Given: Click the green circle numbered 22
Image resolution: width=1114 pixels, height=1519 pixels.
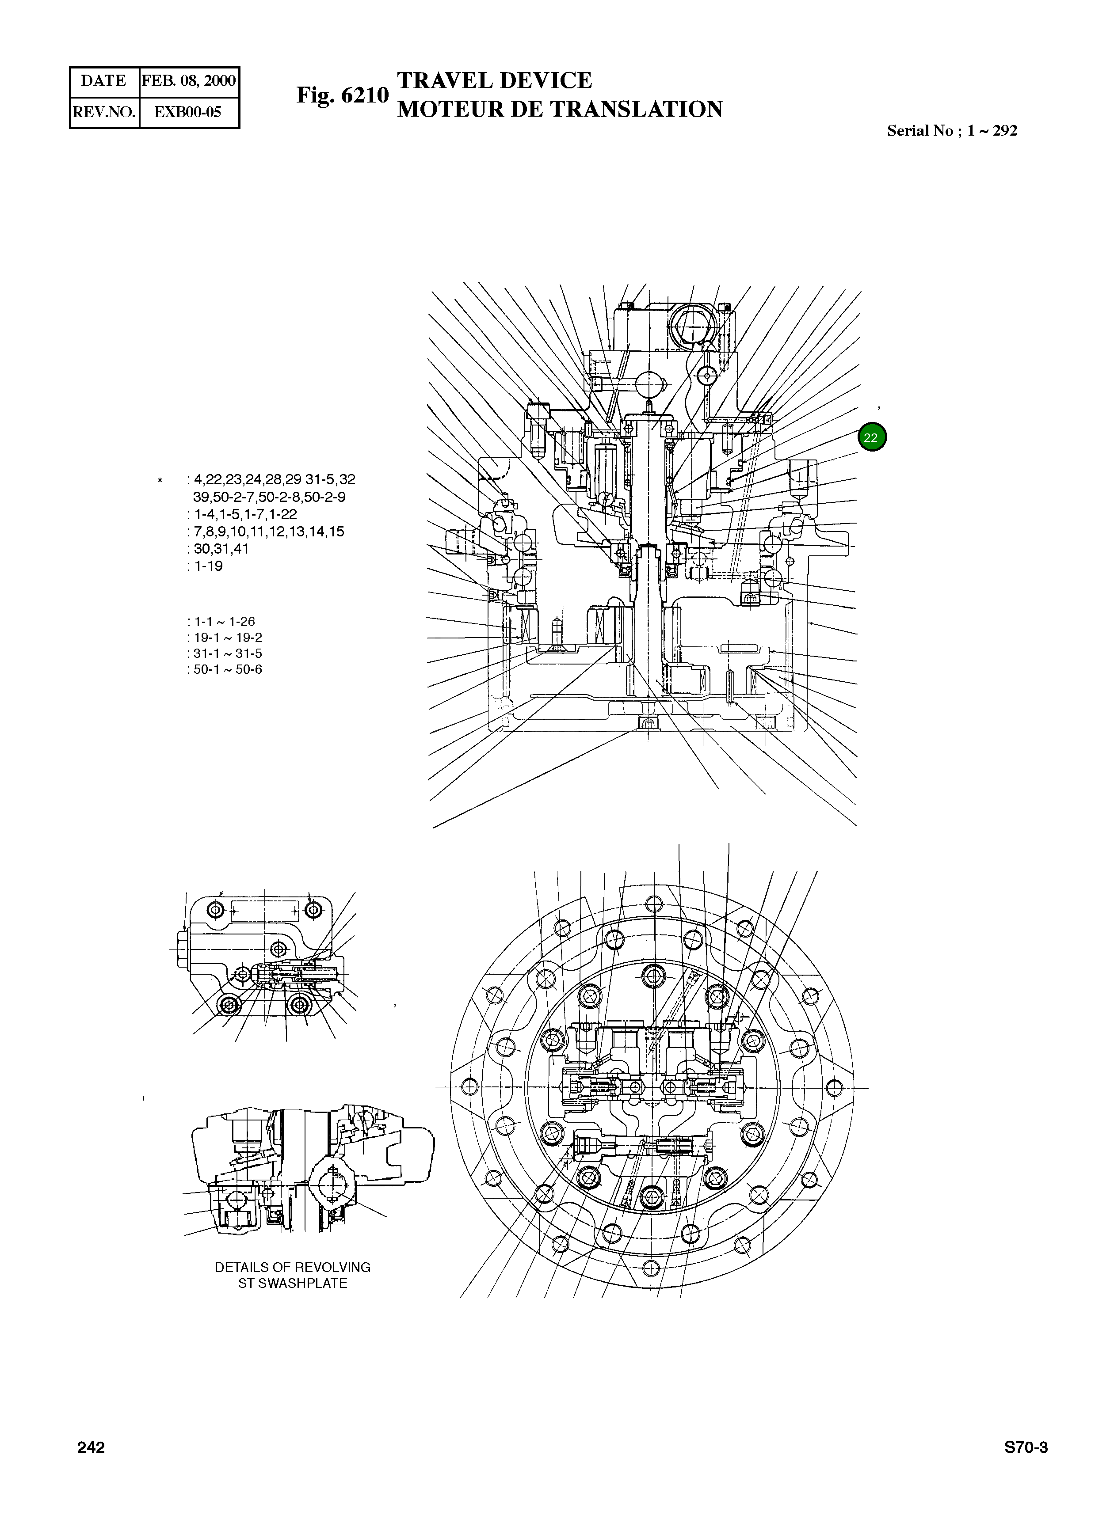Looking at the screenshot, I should point(871,437).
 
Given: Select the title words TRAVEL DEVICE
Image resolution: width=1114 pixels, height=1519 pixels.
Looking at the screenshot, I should point(494,80).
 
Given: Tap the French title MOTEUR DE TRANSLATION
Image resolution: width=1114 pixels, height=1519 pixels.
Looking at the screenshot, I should point(560,109).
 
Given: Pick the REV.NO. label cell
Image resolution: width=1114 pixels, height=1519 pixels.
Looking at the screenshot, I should point(104,112).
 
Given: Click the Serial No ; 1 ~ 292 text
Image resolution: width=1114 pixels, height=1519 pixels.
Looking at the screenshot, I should point(951,131).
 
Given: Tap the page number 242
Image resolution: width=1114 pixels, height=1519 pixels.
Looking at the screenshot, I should point(91,1447).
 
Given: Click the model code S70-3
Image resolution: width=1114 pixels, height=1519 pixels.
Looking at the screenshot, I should point(1026,1447).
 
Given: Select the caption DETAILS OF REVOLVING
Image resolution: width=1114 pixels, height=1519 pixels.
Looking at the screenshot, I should point(293,1267).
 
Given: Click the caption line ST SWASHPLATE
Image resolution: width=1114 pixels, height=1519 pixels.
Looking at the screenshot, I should point(293,1283).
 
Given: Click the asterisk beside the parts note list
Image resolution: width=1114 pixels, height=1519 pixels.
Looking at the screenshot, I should point(160,481).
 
